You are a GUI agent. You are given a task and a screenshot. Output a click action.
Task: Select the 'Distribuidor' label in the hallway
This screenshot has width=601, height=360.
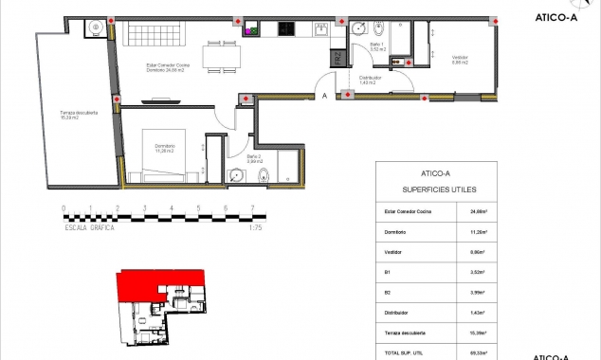pos(370,80)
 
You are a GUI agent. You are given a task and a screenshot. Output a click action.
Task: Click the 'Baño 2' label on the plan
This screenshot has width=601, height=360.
pos(254,158)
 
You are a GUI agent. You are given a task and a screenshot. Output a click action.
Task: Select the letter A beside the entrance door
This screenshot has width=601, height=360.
pos(324,96)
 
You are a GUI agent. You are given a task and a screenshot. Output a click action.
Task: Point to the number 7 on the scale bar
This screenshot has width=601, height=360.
pos(252,207)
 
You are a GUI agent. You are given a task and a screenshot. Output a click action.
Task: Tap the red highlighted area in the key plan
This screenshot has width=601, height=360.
pos(156,283)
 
